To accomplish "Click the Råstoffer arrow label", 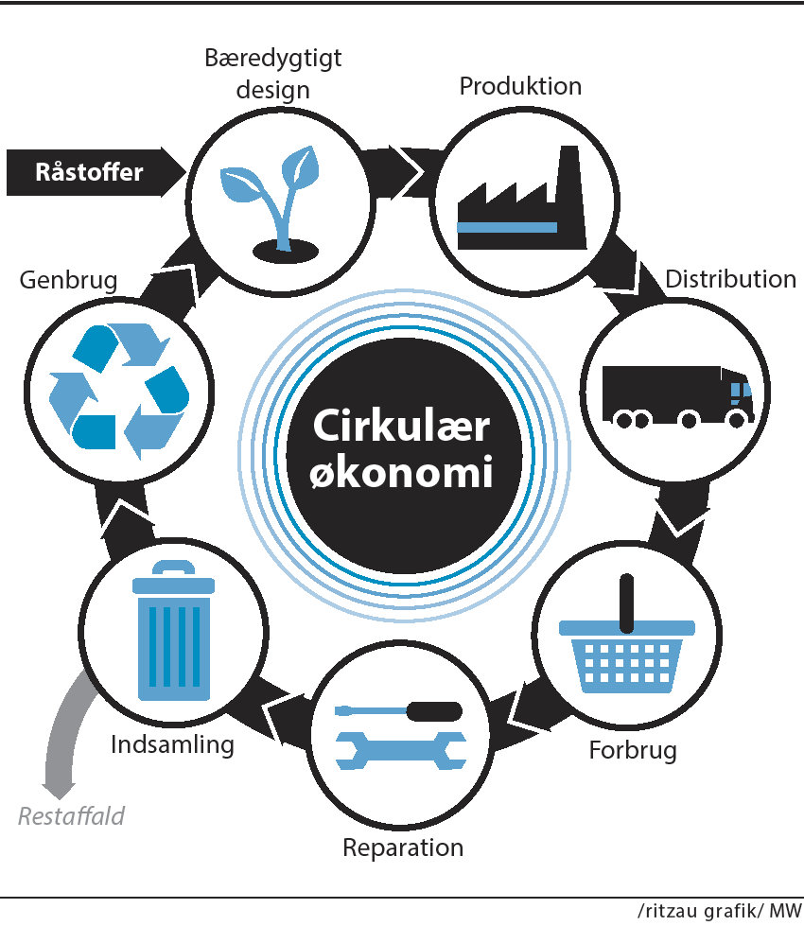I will point(89,172).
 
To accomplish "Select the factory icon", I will point(519,203).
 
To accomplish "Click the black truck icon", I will point(677,393).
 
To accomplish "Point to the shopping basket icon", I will point(626,643).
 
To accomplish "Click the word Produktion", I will point(520,86).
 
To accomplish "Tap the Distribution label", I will point(730,279).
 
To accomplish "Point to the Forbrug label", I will point(633,751).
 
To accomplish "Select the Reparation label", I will point(403,847).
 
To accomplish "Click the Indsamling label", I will point(172,743).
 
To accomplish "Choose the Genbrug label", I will point(68,281).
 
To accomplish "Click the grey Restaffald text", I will point(71,814).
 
